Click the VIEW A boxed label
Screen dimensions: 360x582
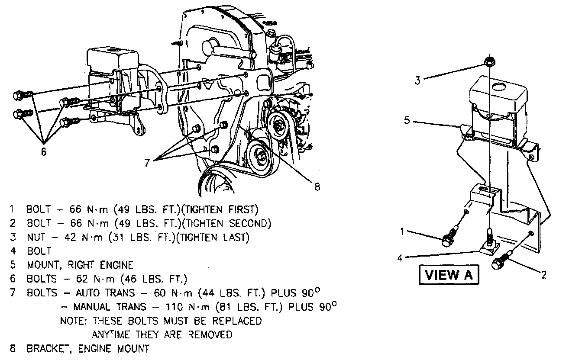pos(449,275)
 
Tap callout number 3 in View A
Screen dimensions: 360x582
pos(418,80)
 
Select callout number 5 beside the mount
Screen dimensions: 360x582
pos(407,120)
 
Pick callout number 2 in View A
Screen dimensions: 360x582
pos(544,274)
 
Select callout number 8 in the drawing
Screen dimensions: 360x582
pos(317,187)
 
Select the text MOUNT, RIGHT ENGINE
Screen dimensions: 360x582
pos(80,265)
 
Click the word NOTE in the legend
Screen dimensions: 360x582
pos(72,321)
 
